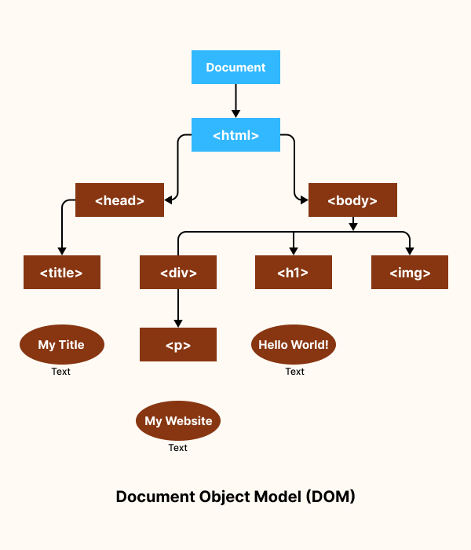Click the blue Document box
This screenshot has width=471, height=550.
click(235, 68)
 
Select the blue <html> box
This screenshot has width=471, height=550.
click(235, 135)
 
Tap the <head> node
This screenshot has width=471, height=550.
click(119, 200)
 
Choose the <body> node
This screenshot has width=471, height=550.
click(352, 200)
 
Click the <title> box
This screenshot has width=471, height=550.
click(61, 273)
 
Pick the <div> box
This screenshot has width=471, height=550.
click(178, 273)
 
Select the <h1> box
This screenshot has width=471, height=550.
click(293, 273)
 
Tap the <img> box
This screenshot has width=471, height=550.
click(410, 273)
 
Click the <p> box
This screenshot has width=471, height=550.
click(178, 345)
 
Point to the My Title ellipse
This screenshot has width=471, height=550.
click(61, 345)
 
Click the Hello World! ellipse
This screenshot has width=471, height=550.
click(293, 345)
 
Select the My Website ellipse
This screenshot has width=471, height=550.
click(178, 421)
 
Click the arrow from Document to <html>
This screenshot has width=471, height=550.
click(235, 101)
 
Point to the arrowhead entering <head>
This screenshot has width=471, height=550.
click(169, 200)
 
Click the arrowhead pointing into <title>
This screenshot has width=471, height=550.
click(61, 250)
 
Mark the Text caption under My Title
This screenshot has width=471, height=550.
click(61, 372)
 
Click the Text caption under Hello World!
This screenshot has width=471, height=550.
click(294, 372)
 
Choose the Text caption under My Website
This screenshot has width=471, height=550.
click(178, 448)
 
